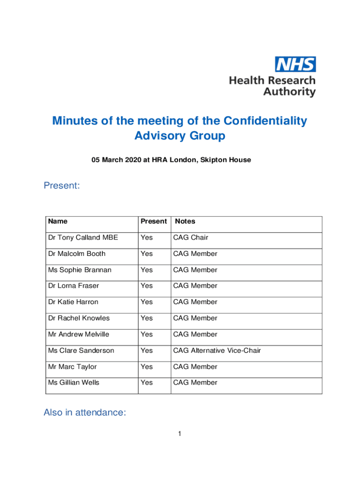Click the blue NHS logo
tap(295, 64)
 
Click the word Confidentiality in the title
tap(266, 121)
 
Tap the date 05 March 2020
tap(116, 160)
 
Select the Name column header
tap(58, 221)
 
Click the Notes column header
tap(185, 221)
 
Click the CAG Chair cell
tap(191, 238)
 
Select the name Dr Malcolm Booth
tap(77, 254)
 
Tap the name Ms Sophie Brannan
tap(79, 270)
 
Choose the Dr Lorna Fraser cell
tap(73, 286)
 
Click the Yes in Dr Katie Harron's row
tap(147, 302)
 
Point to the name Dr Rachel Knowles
tap(79, 318)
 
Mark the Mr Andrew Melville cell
tap(79, 334)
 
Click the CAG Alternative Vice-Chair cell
tap(217, 350)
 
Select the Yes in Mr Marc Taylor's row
tap(147, 367)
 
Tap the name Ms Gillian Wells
tap(73, 383)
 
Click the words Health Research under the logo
tap(272, 80)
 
